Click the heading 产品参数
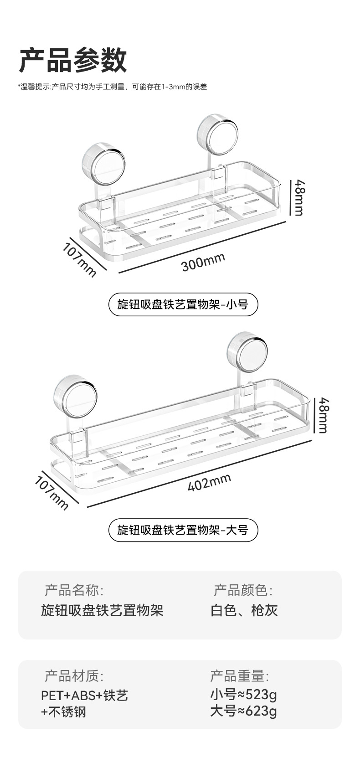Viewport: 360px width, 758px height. [73, 60]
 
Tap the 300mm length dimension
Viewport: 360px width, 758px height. [203, 262]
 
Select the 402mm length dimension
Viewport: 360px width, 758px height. [209, 482]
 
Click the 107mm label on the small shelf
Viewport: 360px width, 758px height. [80, 259]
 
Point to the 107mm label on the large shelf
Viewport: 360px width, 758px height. [51, 493]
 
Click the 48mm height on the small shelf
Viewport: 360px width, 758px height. [299, 197]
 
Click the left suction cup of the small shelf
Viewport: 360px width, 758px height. [103, 163]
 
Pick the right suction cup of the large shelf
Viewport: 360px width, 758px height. [247, 353]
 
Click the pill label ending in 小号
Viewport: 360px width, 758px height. [183, 304]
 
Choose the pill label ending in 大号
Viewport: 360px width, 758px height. [183, 530]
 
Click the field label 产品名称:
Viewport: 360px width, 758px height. [74, 591]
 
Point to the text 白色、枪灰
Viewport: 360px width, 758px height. [244, 610]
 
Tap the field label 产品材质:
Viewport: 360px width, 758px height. [74, 675]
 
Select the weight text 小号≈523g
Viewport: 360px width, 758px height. [243, 695]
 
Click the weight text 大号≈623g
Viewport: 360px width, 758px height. [243, 711]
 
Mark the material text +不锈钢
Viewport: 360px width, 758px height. [63, 712]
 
